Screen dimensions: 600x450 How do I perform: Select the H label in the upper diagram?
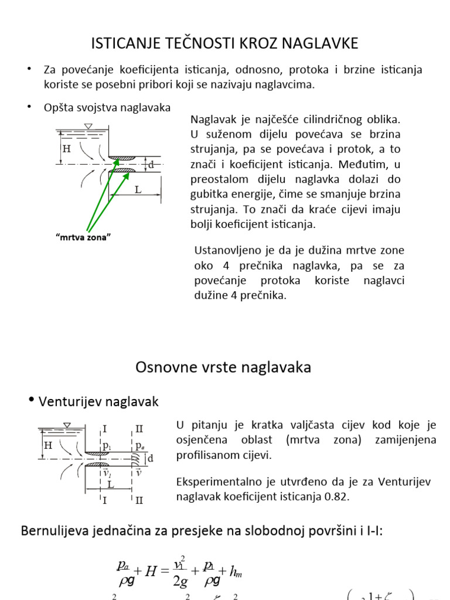(67, 149)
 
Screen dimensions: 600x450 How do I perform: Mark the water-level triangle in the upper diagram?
(88, 126)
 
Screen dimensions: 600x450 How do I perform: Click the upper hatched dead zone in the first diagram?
(121, 158)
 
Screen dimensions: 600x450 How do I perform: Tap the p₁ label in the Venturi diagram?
(107, 446)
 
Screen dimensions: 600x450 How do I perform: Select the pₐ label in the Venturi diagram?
(140, 446)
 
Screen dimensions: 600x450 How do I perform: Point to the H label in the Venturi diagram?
(48, 445)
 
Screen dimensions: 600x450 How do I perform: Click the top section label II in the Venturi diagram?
(139, 429)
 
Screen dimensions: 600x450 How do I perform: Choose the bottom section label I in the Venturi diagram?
(104, 500)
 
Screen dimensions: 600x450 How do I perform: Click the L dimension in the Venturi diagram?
(110, 485)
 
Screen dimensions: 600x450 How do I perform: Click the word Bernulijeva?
(54, 531)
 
